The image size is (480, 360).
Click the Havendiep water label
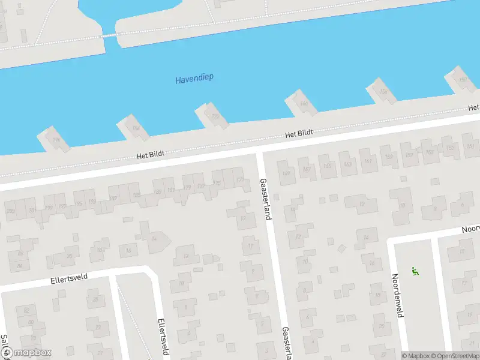point(194,79)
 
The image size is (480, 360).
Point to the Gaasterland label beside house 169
point(265,198)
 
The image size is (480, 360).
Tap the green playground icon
point(414,271)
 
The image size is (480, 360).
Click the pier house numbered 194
point(136,128)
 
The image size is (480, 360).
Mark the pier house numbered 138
point(382,92)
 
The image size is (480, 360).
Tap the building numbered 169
point(287,173)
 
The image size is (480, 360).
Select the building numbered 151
point(470,146)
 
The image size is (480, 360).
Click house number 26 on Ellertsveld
point(95,299)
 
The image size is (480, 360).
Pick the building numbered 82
point(26,311)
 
